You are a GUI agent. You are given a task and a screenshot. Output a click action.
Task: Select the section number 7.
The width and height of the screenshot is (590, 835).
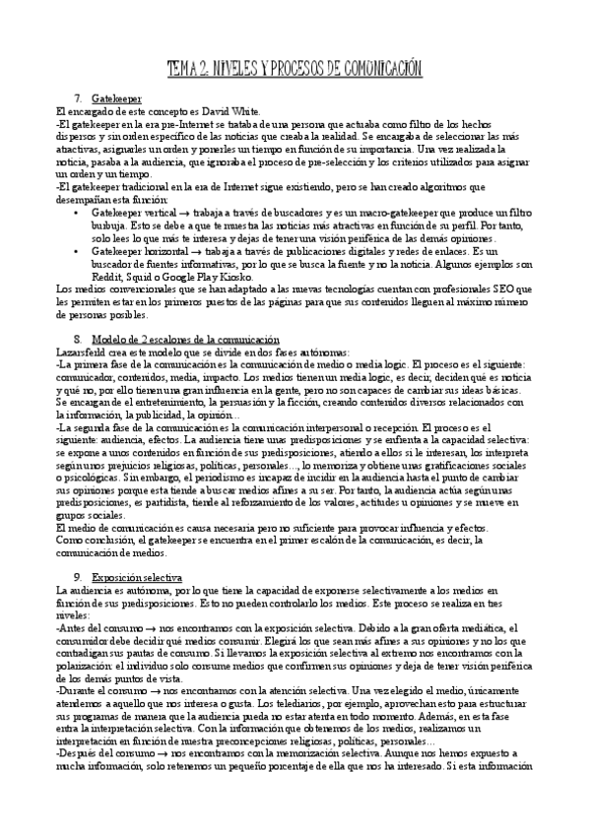click(x=78, y=99)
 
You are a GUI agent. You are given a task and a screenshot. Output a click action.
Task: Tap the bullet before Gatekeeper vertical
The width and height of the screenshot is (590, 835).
click(x=78, y=212)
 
